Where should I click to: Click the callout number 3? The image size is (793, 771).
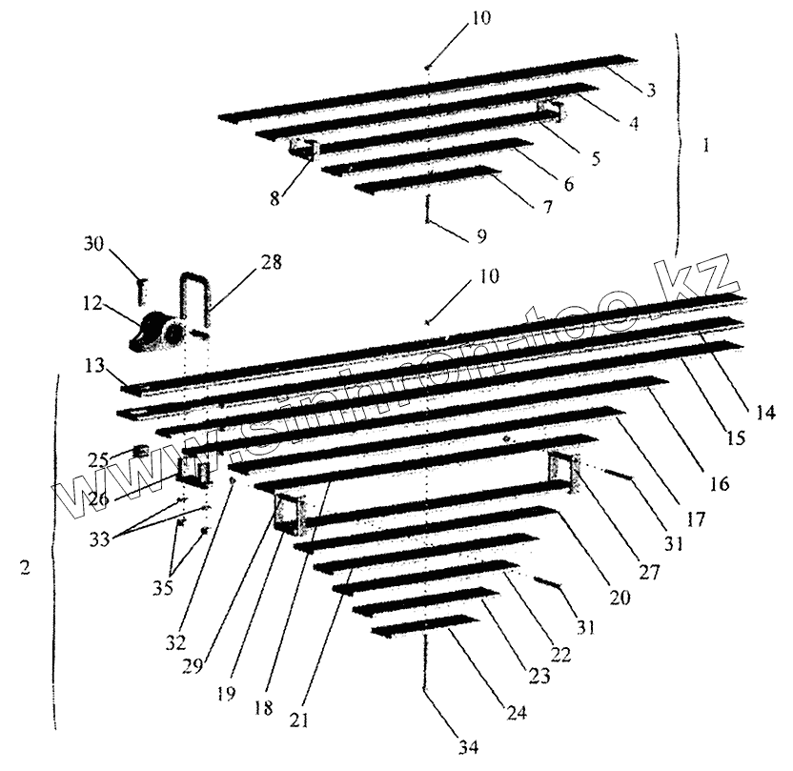pos(650,91)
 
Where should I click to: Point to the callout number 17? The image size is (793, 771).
pos(697,519)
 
